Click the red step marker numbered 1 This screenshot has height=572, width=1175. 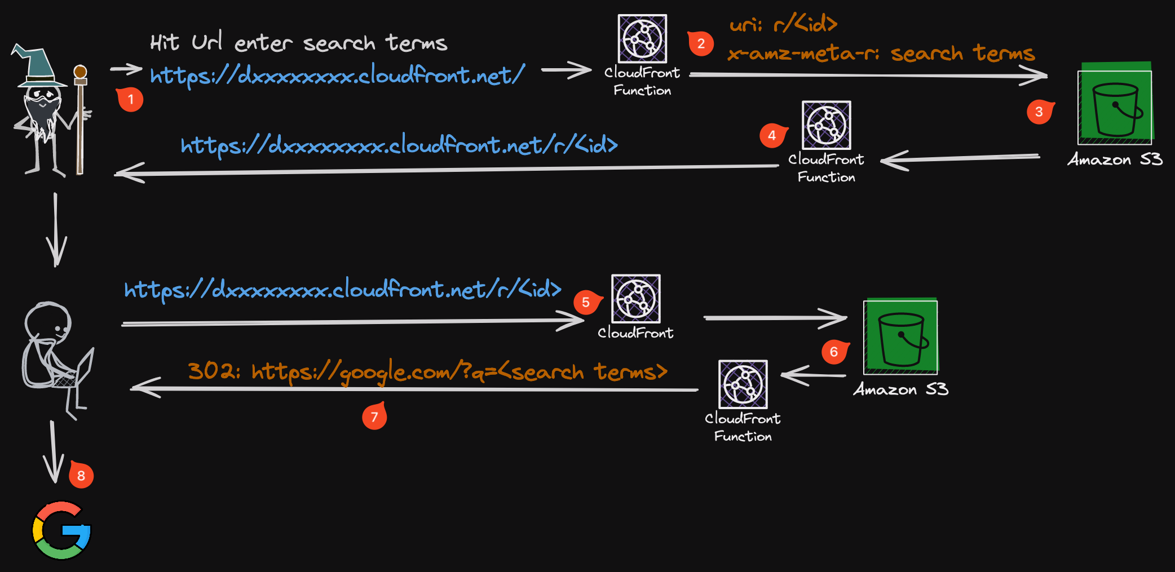tap(130, 100)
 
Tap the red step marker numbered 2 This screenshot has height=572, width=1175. tap(701, 43)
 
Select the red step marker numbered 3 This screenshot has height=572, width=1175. tap(1039, 112)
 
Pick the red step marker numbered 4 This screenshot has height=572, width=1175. tap(772, 135)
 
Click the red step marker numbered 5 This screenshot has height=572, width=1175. tap(586, 303)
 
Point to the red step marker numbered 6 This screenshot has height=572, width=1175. tap(834, 352)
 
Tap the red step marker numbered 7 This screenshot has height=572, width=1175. tap(374, 417)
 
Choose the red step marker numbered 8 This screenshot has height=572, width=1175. tap(81, 476)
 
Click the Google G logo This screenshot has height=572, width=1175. tap(61, 530)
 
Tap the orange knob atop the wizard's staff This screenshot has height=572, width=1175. tap(81, 72)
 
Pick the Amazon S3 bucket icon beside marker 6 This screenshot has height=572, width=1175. tap(900, 338)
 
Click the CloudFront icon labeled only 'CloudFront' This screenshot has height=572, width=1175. tap(636, 299)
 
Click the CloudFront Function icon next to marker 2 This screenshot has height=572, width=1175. tap(642, 38)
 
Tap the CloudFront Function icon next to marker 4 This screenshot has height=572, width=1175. tap(826, 125)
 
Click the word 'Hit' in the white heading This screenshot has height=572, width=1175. tap(164, 43)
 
